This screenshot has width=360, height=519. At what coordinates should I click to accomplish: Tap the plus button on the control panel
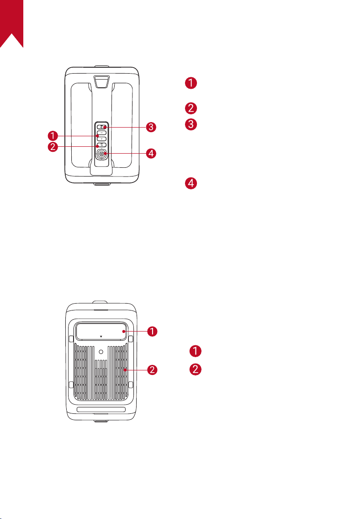click(101, 139)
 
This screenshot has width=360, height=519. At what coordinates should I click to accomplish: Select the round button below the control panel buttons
click(101, 154)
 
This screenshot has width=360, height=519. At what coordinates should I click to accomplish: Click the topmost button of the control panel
click(101, 127)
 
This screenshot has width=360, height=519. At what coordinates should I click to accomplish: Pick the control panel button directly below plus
click(101, 145)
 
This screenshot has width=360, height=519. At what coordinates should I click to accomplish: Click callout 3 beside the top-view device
click(151, 127)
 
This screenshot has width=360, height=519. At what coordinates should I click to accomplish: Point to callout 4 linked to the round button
click(151, 153)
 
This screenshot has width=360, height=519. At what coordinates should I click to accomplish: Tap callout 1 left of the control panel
click(53, 136)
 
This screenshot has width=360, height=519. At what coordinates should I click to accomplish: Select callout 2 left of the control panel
click(53, 147)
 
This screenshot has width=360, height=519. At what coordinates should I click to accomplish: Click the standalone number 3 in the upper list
click(191, 124)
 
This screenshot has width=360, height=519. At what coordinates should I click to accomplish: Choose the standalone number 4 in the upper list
click(191, 183)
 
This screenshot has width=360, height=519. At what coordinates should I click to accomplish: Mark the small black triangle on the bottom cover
click(101, 337)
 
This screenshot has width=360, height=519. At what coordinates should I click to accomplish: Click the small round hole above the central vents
click(101, 352)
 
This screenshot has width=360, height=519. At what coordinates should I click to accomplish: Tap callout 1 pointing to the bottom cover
click(152, 331)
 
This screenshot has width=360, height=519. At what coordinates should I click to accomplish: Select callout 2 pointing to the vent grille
click(152, 369)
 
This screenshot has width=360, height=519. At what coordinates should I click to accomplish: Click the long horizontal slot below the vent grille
click(101, 409)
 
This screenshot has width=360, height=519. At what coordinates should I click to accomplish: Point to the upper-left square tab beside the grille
click(71, 339)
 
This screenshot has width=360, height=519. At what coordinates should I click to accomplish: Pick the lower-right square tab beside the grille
click(130, 385)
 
